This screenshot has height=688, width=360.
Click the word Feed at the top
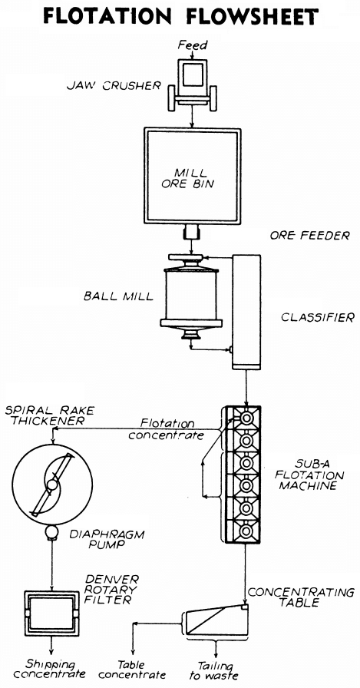187,46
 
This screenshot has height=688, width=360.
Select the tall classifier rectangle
247,310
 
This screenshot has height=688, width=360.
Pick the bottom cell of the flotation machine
246,531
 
